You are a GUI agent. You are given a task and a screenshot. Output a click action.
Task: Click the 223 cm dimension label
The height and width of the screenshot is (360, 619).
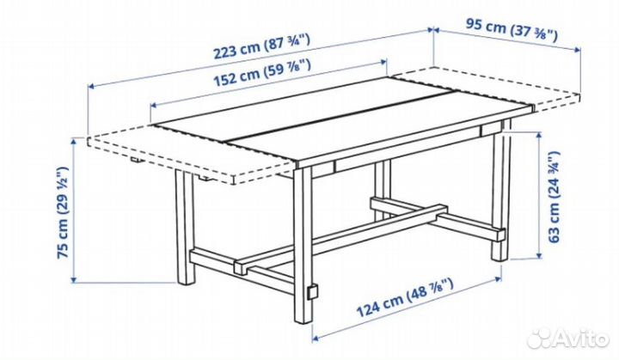261,46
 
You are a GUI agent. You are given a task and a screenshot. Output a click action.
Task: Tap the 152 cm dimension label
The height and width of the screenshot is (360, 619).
261,73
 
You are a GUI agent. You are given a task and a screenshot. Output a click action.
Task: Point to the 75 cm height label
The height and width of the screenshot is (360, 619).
64,212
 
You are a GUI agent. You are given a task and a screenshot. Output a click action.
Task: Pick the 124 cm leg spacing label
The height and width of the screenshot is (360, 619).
405,297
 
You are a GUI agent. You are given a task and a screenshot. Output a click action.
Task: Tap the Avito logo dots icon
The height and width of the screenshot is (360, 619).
539,339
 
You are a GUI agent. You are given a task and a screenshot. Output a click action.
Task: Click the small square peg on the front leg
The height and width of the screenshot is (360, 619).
313,291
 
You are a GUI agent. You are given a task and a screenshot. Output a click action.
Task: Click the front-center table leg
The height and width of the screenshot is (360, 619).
303,245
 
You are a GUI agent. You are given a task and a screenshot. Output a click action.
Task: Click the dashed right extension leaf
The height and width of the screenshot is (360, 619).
486,88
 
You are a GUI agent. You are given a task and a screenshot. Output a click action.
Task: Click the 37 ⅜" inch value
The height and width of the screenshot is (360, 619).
535,34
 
